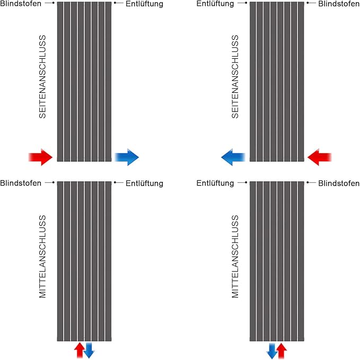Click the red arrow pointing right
pyautogui.click(x=40, y=157)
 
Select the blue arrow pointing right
pyautogui.click(x=127, y=157)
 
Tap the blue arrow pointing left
pyautogui.click(x=233, y=157)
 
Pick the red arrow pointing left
pyautogui.click(x=319, y=157)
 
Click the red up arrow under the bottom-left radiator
pyautogui.click(x=79, y=350)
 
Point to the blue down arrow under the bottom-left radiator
pyautogui.click(x=89, y=350)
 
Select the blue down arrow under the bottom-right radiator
pyautogui.click(x=272, y=350)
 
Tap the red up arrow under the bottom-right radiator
pyautogui.click(x=282, y=350)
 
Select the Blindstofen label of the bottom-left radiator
pyautogui.click(x=21, y=183)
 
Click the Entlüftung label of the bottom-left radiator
pyautogui.click(x=145, y=183)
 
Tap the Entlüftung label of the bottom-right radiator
pyautogui.click(x=215, y=183)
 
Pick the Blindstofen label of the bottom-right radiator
pyautogui.click(x=339, y=183)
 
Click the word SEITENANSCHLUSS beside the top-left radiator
pyautogui.click(x=43, y=76)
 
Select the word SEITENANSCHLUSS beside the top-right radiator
pyautogui.click(x=235, y=76)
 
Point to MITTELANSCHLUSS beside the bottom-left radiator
pyautogui.click(x=43, y=256)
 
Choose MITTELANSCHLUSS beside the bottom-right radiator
pyautogui.click(x=235, y=256)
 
